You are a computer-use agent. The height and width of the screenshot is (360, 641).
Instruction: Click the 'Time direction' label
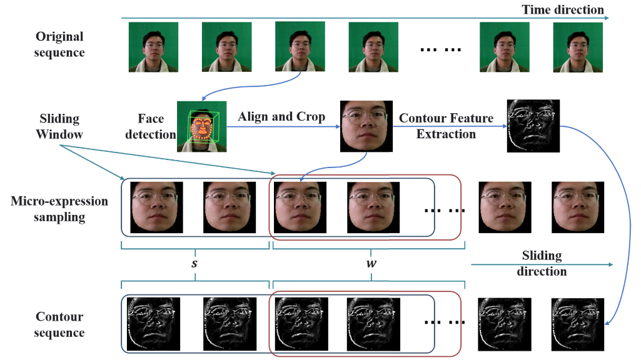pos(563,9)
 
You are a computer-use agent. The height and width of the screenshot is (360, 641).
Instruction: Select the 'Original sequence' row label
pos(60,44)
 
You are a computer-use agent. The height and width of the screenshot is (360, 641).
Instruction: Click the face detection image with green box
pos(203,126)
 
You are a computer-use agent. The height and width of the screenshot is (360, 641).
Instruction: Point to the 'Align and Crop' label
pos(281,117)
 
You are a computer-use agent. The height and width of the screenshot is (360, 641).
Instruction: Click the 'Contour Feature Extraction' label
pos(446,126)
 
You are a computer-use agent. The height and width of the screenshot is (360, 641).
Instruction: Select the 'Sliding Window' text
pos(59,126)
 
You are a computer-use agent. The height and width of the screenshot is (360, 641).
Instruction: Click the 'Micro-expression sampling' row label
pos(60,209)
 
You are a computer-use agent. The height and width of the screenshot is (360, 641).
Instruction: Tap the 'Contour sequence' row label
pos(60,324)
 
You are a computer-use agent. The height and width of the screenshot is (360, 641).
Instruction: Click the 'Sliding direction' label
pos(542,263)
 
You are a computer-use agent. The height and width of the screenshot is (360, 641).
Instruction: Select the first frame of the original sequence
pos(153,46)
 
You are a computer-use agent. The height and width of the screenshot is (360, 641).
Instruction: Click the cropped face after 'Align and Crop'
pos(366,126)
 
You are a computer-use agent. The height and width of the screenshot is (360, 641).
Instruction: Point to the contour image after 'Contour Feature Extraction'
pos(533,126)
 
